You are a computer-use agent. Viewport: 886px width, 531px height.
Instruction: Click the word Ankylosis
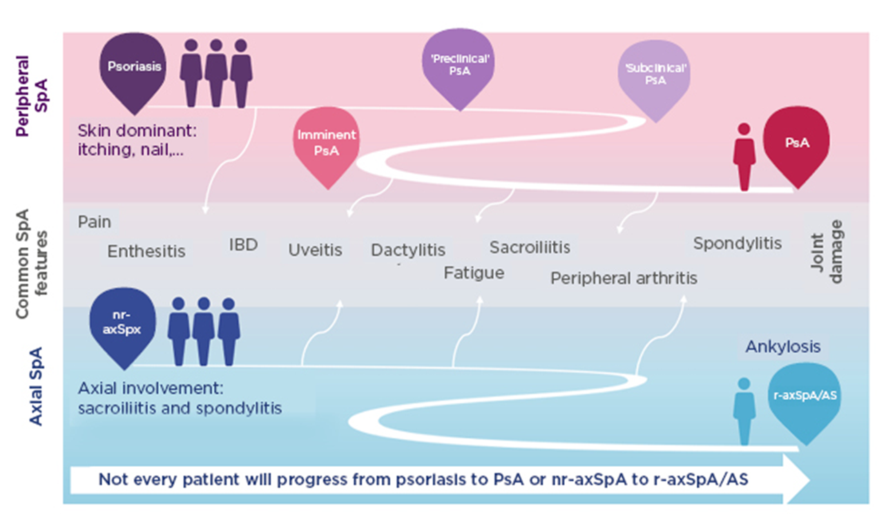point(782,347)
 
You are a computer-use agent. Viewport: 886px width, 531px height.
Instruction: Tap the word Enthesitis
point(146,251)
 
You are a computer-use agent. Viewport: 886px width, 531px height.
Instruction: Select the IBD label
point(243,245)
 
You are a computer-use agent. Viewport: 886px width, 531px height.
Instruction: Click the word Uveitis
point(315,249)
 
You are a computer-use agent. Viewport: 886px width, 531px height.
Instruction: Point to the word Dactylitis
point(408,250)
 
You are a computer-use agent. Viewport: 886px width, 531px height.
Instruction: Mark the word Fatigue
point(474,273)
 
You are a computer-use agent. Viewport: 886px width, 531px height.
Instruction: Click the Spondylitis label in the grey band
point(738,244)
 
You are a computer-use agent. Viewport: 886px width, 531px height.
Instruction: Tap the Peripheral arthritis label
point(624,278)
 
